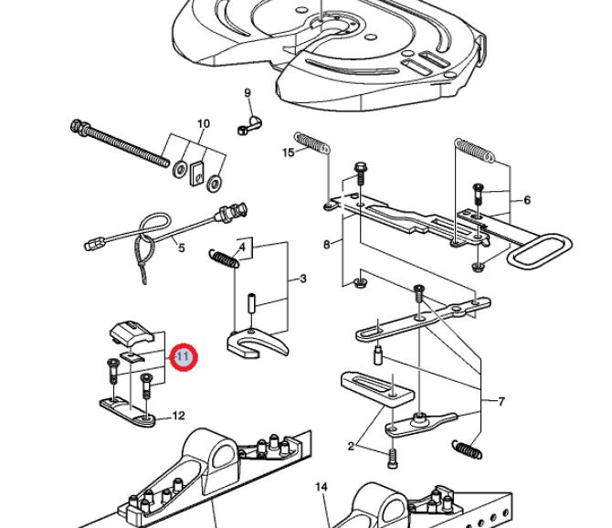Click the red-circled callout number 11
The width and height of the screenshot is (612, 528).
pyautogui.click(x=183, y=355)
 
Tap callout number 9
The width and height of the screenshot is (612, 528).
pyautogui.click(x=247, y=93)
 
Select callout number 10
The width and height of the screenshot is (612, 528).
pyautogui.click(x=204, y=123)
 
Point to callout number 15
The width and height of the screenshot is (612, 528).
pyautogui.click(x=289, y=152)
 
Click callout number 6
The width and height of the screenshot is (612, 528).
pyautogui.click(x=527, y=200)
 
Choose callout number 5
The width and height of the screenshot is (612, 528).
pyautogui.click(x=181, y=248)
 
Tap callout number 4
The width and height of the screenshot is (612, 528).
pyautogui.click(x=243, y=247)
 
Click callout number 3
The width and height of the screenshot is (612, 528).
pyautogui.click(x=302, y=278)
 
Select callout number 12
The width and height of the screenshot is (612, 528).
pyautogui.click(x=179, y=417)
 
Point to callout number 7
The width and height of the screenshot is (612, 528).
pyautogui.click(x=501, y=400)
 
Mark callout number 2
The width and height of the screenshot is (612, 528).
pyautogui.click(x=351, y=446)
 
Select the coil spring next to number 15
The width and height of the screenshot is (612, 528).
pyautogui.click(x=313, y=143)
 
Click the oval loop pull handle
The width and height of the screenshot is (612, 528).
pyautogui.click(x=539, y=250)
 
